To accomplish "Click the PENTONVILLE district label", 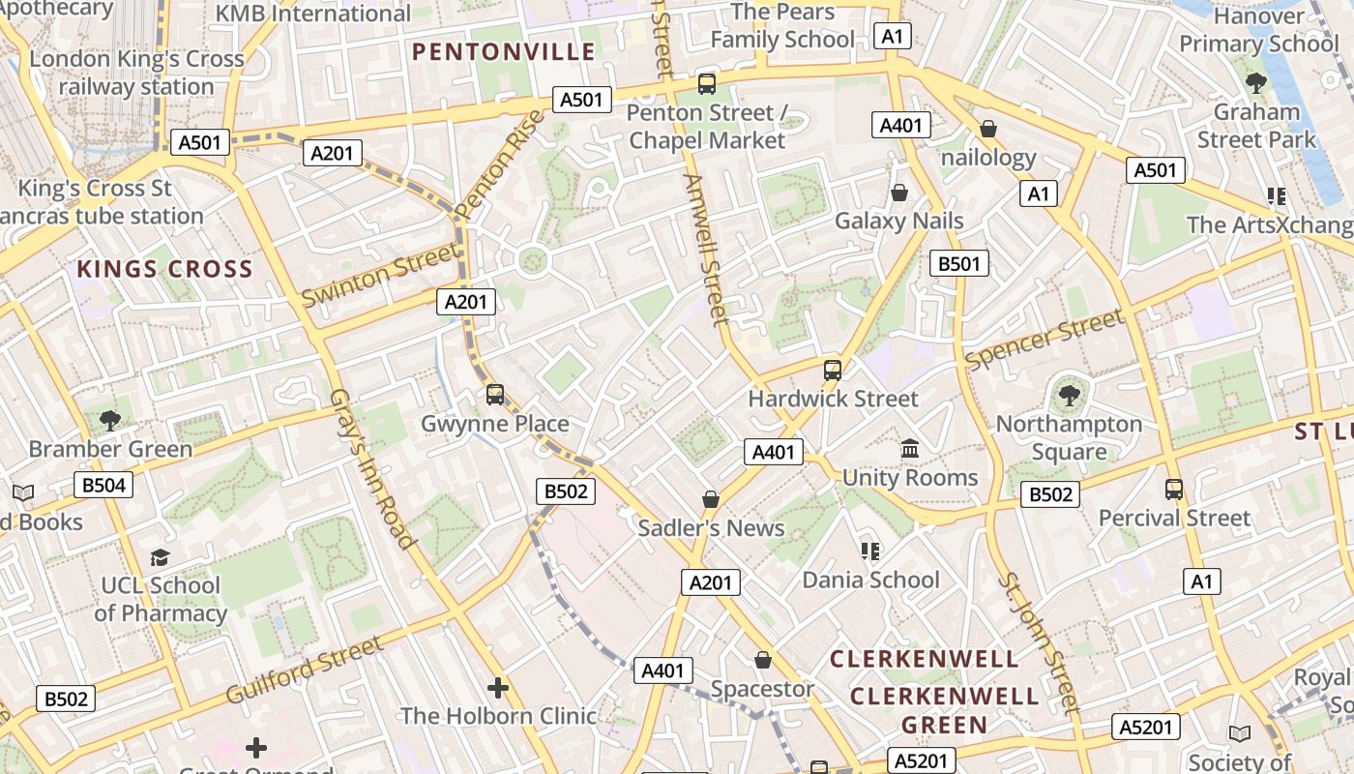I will (504, 52).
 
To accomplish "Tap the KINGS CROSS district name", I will (164, 269).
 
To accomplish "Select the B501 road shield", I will (959, 263).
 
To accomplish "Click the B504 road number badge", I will (103, 485).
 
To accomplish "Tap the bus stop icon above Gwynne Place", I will (495, 395).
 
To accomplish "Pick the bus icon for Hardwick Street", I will (832, 370).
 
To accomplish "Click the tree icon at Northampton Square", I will (1069, 395).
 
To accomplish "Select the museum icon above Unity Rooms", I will (910, 449).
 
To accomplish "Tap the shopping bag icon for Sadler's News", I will (711, 499).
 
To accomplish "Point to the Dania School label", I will (870, 580).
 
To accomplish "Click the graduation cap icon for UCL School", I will (160, 557).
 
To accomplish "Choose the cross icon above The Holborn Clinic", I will (498, 688).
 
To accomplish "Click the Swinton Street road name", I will (380, 275).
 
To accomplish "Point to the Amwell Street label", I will (705, 249).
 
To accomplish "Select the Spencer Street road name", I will (1045, 339).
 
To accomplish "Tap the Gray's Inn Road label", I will (372, 468).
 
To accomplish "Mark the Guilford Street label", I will (305, 670).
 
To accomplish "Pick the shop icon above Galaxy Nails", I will (899, 193).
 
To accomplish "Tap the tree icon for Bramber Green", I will (110, 420).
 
